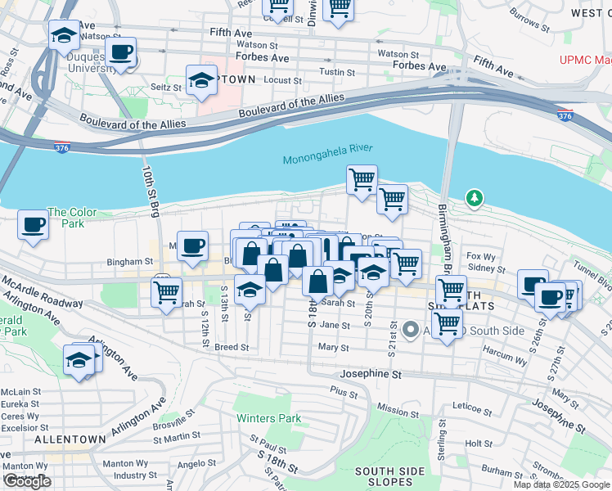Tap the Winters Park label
pyautogui.click(x=268, y=418)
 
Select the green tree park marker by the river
pyautogui.click(x=474, y=198)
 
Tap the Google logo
pyautogui.click(x=27, y=481)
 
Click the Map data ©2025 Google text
pyautogui.click(x=562, y=484)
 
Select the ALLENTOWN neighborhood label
pyautogui.click(x=70, y=439)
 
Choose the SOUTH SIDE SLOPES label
pyautogui.click(x=390, y=476)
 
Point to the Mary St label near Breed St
pyautogui.click(x=334, y=347)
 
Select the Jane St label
pyautogui.click(x=335, y=325)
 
